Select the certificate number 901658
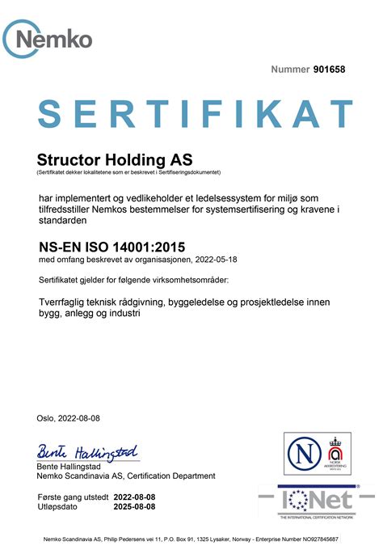pos(329,70)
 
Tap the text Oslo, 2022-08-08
pos(69,418)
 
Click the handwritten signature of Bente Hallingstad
pos(87,451)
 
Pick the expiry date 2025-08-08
pos(134,506)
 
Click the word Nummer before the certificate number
pos(290,70)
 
